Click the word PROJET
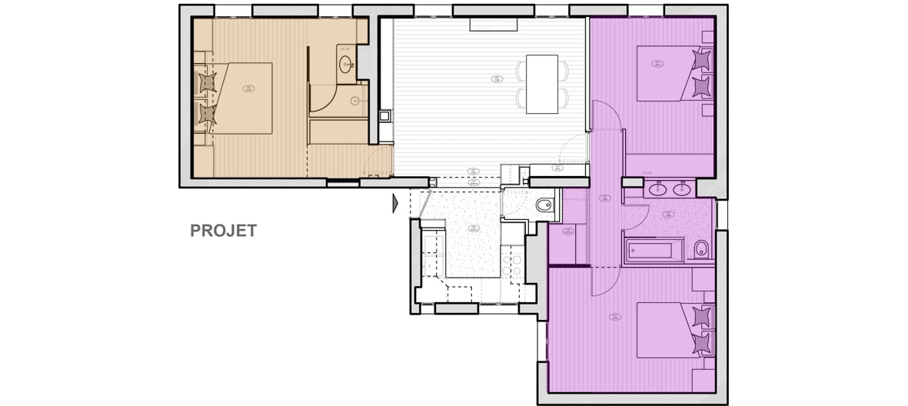(x=224, y=231)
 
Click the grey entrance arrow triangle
(x=395, y=203)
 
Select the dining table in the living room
(x=542, y=84)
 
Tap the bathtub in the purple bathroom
(x=654, y=251)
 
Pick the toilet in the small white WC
(x=544, y=205)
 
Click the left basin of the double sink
(x=658, y=188)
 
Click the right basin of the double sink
(x=680, y=188)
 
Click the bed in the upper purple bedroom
(x=669, y=72)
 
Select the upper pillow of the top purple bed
(x=701, y=59)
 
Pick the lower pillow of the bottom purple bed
(x=701, y=342)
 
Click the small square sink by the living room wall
(x=384, y=116)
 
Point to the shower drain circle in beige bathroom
(x=356, y=100)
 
